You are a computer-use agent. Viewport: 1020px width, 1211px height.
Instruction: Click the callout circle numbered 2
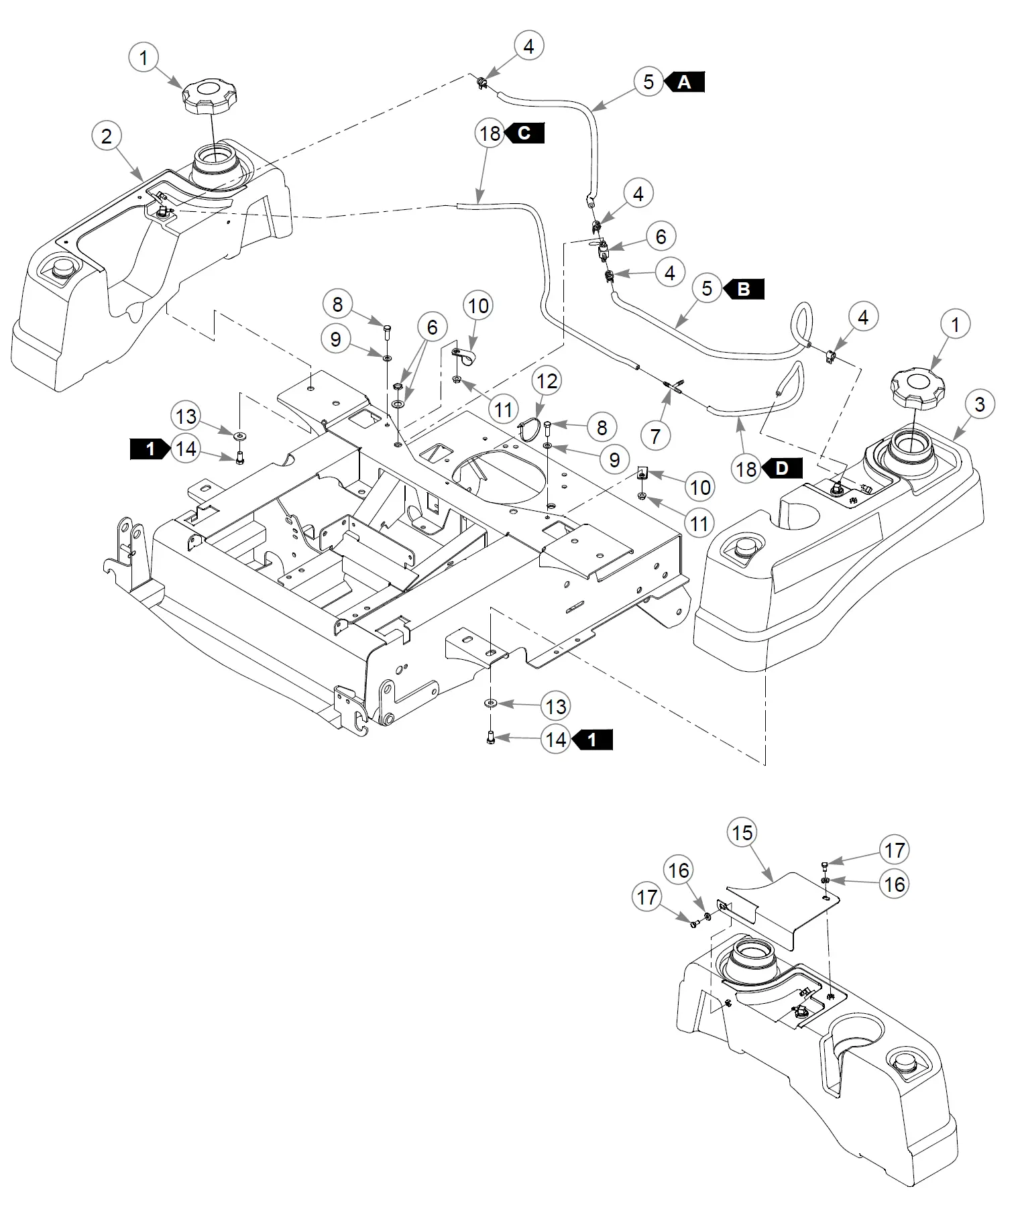(x=107, y=137)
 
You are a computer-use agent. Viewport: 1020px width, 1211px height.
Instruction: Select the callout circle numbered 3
(x=980, y=404)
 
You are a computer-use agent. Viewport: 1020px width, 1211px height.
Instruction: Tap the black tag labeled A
(x=685, y=82)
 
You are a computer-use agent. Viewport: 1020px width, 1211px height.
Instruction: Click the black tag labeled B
(x=744, y=289)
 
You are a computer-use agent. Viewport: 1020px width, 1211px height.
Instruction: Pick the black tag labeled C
(x=524, y=133)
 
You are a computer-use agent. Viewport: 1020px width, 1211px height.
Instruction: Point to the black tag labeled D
(x=783, y=468)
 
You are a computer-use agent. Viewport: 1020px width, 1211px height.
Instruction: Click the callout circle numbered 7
(x=656, y=436)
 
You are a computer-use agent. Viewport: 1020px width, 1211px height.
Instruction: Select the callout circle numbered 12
(x=547, y=381)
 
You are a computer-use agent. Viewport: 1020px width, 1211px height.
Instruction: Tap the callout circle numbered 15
(x=742, y=833)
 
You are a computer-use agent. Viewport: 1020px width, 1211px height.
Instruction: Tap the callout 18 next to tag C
(x=490, y=133)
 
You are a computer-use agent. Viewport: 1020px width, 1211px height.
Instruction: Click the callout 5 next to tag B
(x=707, y=289)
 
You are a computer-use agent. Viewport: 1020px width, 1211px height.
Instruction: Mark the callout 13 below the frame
(x=556, y=706)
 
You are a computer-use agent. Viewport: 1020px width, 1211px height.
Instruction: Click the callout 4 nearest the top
(x=528, y=46)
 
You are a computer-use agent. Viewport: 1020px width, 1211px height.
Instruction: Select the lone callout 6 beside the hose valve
(x=661, y=236)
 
